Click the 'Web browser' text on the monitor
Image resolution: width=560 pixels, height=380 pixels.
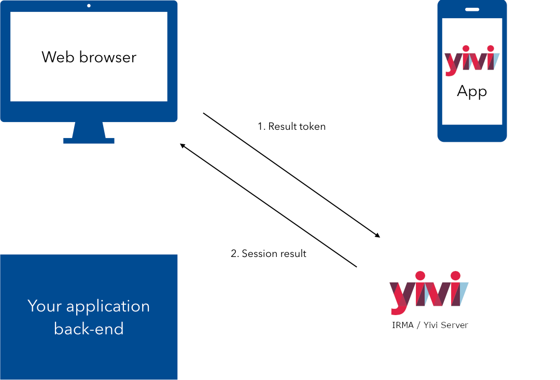click(89, 57)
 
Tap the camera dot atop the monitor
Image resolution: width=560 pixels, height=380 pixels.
click(89, 6)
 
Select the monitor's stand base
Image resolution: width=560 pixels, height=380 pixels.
click(89, 140)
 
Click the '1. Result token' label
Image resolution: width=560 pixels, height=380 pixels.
click(291, 126)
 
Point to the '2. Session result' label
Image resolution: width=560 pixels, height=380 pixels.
click(268, 253)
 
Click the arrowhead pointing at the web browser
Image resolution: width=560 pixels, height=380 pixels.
click(182, 145)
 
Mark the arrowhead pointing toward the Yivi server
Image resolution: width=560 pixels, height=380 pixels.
click(377, 236)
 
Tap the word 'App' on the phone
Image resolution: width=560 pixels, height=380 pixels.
click(472, 91)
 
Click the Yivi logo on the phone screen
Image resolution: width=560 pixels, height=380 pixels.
click(472, 60)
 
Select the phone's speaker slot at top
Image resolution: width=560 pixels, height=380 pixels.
click(472, 9)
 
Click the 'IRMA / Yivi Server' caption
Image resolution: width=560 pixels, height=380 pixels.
click(430, 325)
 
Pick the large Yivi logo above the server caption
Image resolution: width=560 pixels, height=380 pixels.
click(429, 292)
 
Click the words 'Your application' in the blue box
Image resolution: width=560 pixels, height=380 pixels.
click(89, 306)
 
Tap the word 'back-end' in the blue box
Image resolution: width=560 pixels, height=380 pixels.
click(89, 329)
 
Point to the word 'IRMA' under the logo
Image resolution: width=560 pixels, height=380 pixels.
click(403, 325)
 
